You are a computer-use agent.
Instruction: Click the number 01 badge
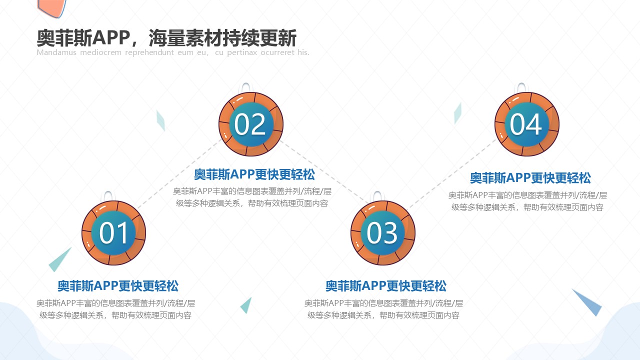[x=113, y=233]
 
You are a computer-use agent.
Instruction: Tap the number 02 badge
[x=251, y=124]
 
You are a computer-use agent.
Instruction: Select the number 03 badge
[x=383, y=233]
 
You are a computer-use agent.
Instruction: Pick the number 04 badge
[x=527, y=124]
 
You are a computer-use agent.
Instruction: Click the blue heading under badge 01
[x=118, y=286]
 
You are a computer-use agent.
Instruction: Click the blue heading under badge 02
[x=254, y=174]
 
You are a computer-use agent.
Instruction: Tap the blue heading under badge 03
[x=386, y=286]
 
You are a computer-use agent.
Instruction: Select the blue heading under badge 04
[x=530, y=178]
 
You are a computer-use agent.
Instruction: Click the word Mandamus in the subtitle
[x=56, y=52]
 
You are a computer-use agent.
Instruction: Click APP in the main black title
[x=111, y=38]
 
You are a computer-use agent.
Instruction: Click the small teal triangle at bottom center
[x=246, y=305]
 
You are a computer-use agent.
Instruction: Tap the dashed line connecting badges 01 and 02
[x=179, y=173]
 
